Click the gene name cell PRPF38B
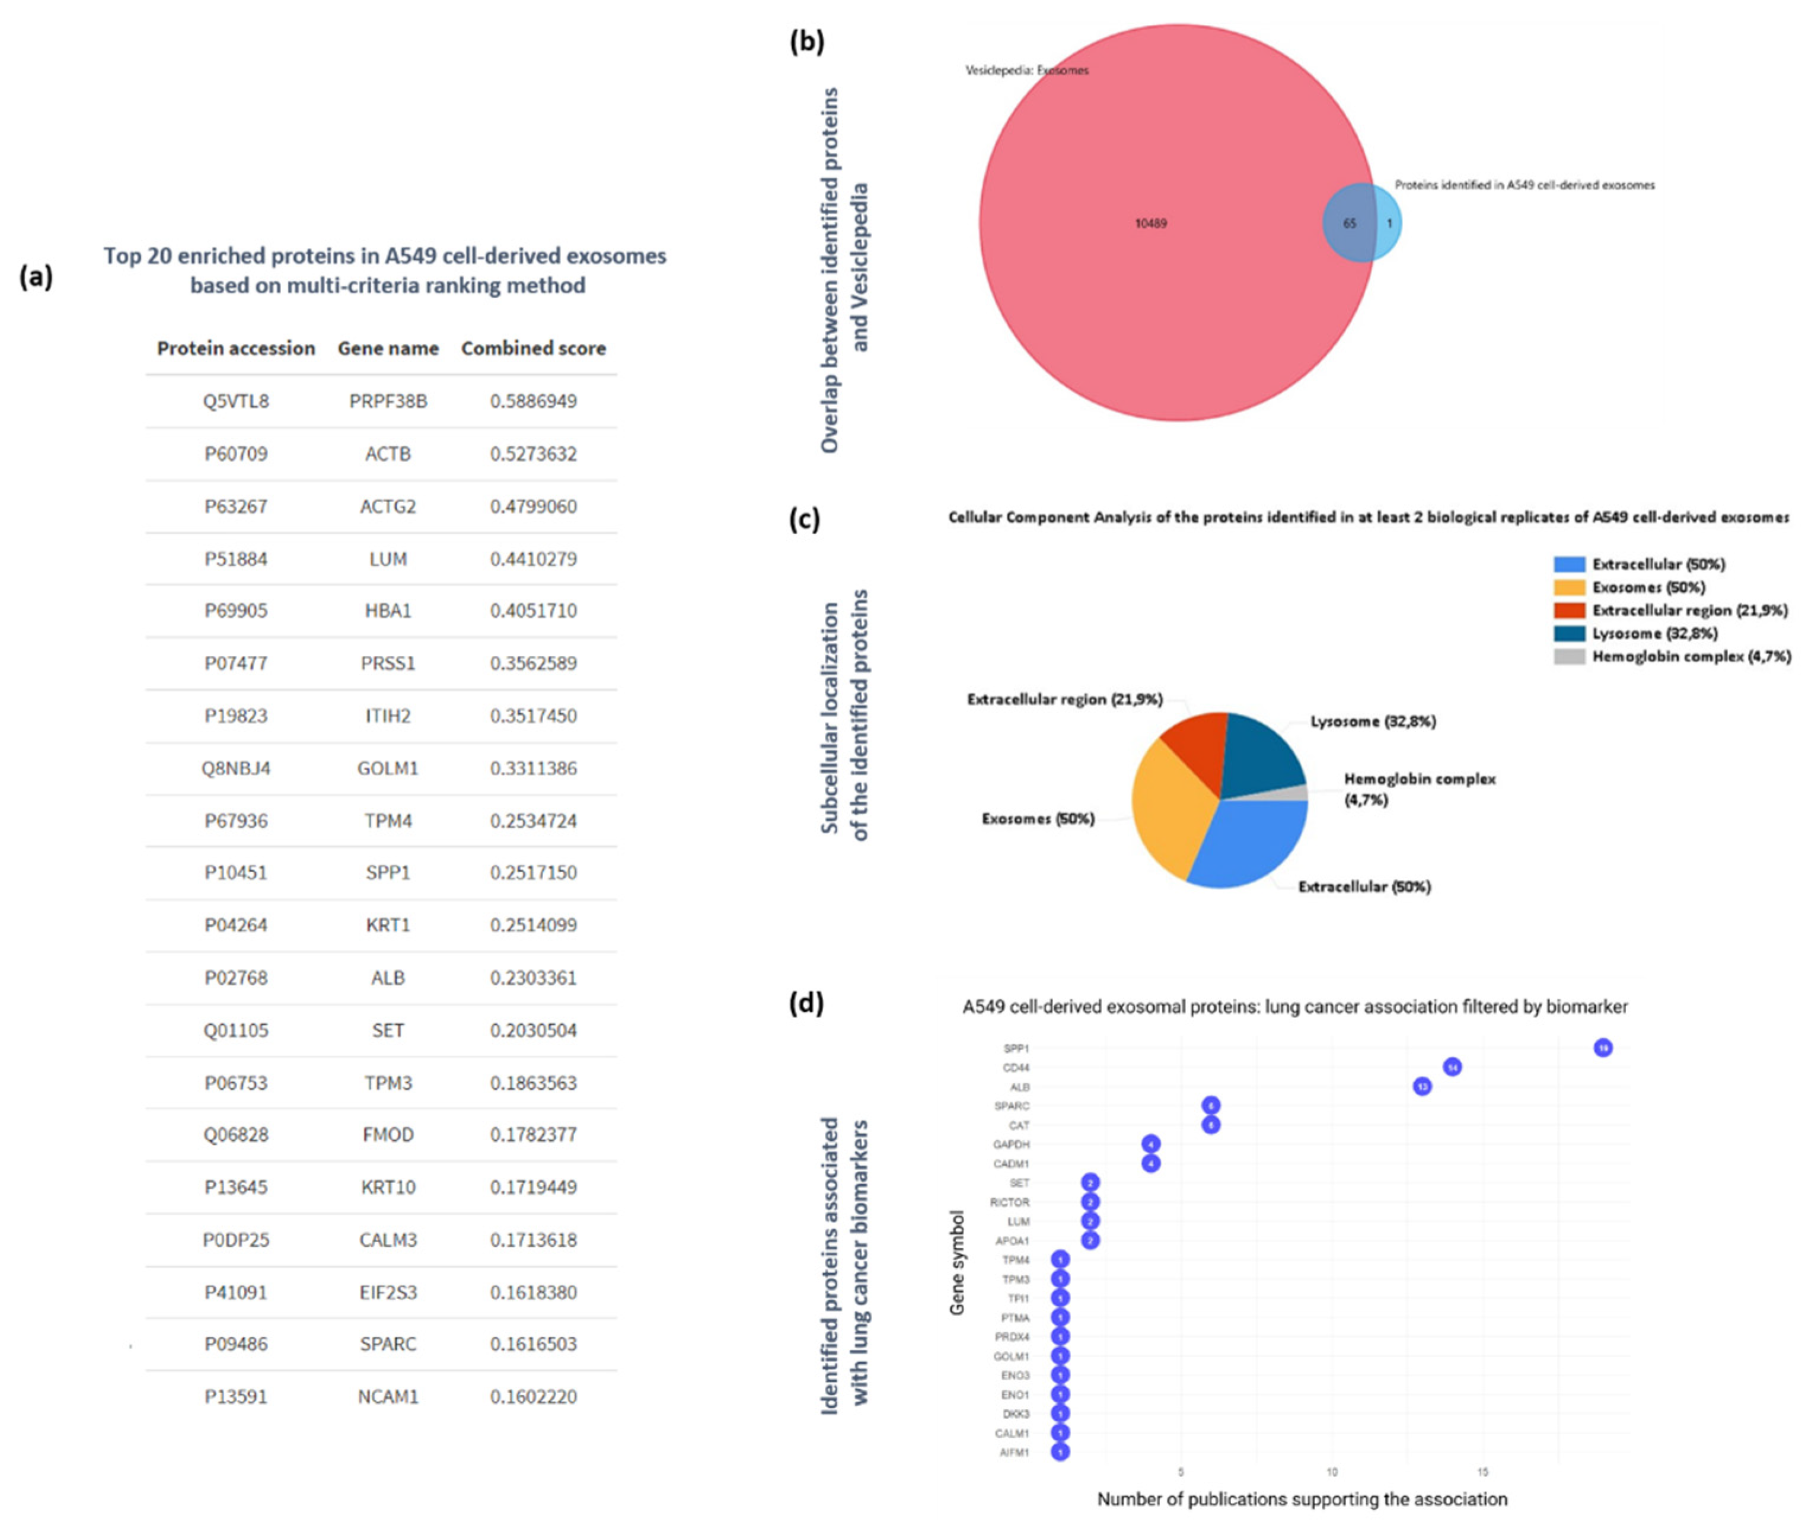[x=387, y=401]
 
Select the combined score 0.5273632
[x=533, y=454]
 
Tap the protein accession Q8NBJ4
[x=235, y=768]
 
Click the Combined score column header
[x=533, y=349]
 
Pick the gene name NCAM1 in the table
[x=387, y=1396]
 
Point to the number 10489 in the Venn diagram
[x=1150, y=224]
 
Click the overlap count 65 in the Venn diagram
[x=1348, y=224]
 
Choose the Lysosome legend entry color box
[x=1568, y=633]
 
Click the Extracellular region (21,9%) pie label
[x=1064, y=699]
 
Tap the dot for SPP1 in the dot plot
[x=1602, y=1048]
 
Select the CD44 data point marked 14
[x=1452, y=1067]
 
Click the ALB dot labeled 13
[x=1422, y=1086]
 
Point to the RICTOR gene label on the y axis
[x=1009, y=1202]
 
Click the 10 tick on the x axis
[x=1331, y=1471]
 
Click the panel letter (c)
[x=804, y=520]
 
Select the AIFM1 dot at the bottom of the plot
[x=1060, y=1452]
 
